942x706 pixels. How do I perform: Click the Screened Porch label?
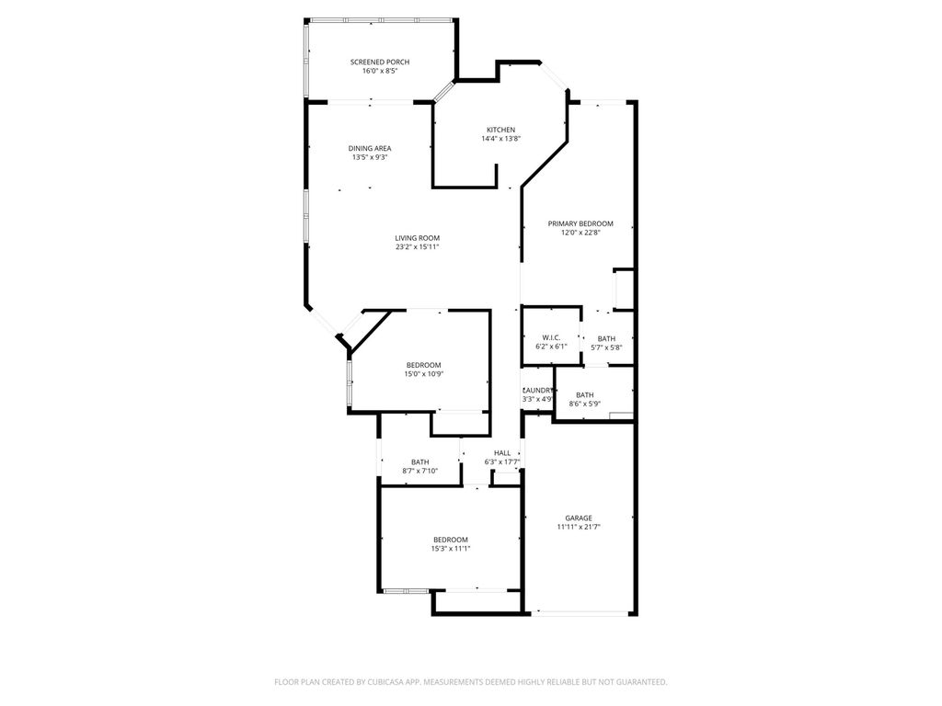(x=379, y=62)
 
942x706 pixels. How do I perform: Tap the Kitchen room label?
(x=500, y=130)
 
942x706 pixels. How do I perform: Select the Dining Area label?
(x=370, y=148)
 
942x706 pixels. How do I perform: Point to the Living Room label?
(x=417, y=238)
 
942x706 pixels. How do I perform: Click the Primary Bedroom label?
(x=580, y=223)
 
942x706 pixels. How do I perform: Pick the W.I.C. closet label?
(x=551, y=338)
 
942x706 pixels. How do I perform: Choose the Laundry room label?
(x=537, y=390)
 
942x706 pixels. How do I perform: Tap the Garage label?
(x=579, y=518)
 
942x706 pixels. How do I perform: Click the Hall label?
(x=502, y=453)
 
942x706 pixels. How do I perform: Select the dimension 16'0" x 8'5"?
(x=379, y=71)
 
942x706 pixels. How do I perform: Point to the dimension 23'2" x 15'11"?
(x=417, y=247)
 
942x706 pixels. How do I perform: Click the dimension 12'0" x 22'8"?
(x=580, y=233)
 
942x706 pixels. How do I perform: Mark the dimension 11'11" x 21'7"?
(x=579, y=528)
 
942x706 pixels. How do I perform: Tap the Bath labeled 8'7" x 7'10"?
(x=419, y=462)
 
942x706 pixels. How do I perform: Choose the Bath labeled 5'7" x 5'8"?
(x=606, y=338)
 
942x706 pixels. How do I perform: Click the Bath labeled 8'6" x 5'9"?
(x=585, y=394)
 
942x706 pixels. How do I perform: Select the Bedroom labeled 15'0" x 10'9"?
(x=422, y=365)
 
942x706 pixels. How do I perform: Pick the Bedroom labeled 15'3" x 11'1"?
(x=451, y=540)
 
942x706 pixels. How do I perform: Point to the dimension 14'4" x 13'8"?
(x=500, y=139)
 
